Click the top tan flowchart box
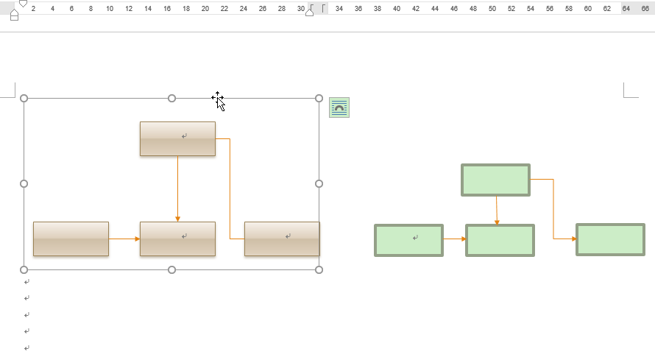(177, 138)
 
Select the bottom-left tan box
(71, 239)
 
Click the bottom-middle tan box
(177, 239)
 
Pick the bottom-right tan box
(282, 239)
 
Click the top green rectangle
(495, 180)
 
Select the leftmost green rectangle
(408, 240)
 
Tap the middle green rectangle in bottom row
(500, 240)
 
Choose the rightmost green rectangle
(610, 239)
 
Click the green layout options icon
(339, 107)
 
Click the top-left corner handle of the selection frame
(24, 98)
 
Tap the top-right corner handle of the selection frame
(319, 98)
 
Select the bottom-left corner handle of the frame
(24, 269)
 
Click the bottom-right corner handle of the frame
(319, 269)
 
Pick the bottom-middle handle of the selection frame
(171, 269)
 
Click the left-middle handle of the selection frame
(24, 183)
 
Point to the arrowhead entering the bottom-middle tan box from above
(177, 219)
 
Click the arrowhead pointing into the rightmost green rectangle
(573, 239)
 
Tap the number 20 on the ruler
(205, 9)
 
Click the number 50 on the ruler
(492, 9)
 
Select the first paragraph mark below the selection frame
(27, 282)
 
